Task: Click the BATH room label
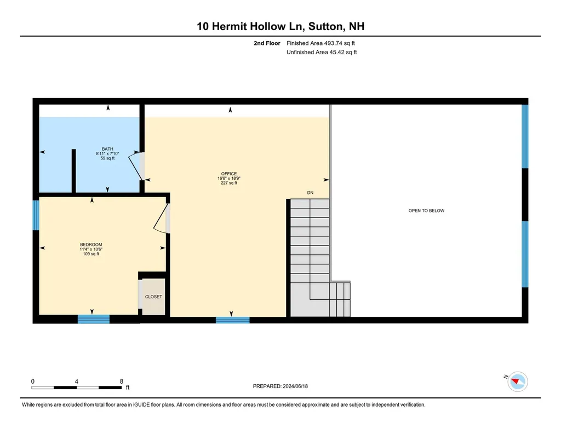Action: (107, 149)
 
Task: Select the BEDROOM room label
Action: (91, 244)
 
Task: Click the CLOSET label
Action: (153, 297)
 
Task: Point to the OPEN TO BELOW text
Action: (426, 210)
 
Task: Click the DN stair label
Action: (310, 192)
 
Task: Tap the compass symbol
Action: (518, 380)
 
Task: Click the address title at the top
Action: (280, 26)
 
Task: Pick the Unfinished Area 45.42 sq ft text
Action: (322, 53)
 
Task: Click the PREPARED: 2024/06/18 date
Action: (280, 386)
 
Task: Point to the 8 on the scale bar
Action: (121, 381)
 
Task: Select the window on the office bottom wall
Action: (232, 320)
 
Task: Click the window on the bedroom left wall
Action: (36, 215)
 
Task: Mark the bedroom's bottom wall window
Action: (93, 318)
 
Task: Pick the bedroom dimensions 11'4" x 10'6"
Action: (91, 249)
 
